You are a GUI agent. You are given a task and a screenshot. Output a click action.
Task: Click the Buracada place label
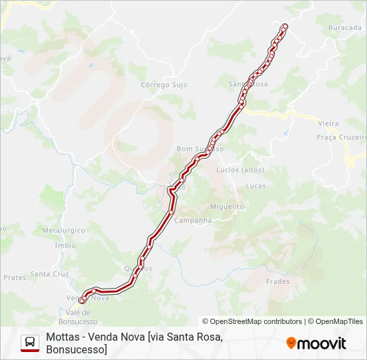click(344, 28)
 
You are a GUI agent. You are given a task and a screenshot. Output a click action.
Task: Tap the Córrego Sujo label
click(164, 85)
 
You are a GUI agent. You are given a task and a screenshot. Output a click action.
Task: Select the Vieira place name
click(328, 123)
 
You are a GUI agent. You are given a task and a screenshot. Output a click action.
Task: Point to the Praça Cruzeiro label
click(341, 137)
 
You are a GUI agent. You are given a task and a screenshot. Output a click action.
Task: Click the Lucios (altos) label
click(240, 169)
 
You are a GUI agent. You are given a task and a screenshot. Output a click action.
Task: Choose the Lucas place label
click(256, 186)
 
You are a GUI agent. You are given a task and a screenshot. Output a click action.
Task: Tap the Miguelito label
click(227, 207)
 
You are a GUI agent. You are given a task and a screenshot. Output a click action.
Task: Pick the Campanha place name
click(193, 221)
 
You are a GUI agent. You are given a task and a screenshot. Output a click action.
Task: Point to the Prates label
click(14, 277)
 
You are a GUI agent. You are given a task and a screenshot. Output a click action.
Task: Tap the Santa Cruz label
click(49, 274)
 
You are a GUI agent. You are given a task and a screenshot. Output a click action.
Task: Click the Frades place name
click(278, 281)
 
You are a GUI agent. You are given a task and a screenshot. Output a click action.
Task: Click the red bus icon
click(30, 343)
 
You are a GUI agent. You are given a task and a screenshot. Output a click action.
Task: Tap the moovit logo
click(316, 343)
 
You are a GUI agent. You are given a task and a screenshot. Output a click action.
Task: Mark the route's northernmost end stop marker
click(285, 26)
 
